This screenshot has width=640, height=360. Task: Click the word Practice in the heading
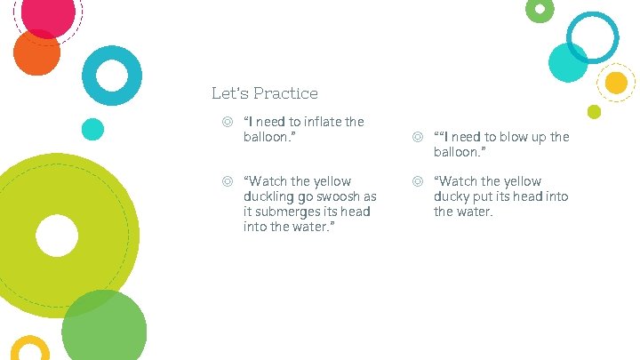(x=285, y=92)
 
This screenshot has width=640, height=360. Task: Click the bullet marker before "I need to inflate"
(x=228, y=122)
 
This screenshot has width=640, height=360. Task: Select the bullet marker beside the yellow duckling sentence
(x=228, y=181)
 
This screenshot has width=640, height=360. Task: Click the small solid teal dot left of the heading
(x=92, y=129)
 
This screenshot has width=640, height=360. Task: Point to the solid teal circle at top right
(x=567, y=62)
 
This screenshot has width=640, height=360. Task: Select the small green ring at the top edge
(x=540, y=10)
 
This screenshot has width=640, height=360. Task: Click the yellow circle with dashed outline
(x=615, y=83)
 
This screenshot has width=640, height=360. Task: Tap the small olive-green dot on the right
(x=594, y=111)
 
